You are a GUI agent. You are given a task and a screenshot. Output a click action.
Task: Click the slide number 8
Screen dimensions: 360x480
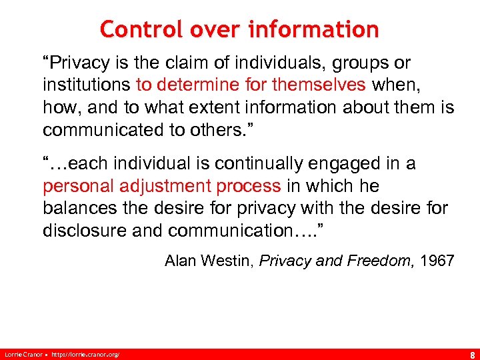pos(471,353)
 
